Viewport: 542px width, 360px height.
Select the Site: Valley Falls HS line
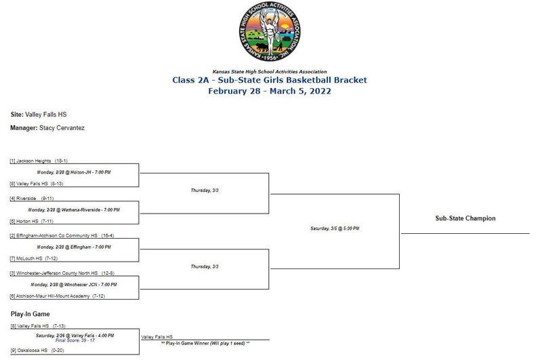(x=39, y=115)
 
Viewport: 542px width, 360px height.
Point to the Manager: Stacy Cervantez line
(x=47, y=127)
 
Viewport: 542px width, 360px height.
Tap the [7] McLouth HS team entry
(x=34, y=258)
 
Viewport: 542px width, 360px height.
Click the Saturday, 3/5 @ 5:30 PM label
(x=335, y=228)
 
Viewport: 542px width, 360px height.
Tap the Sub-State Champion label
(x=465, y=218)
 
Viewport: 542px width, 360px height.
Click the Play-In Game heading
(x=29, y=314)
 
